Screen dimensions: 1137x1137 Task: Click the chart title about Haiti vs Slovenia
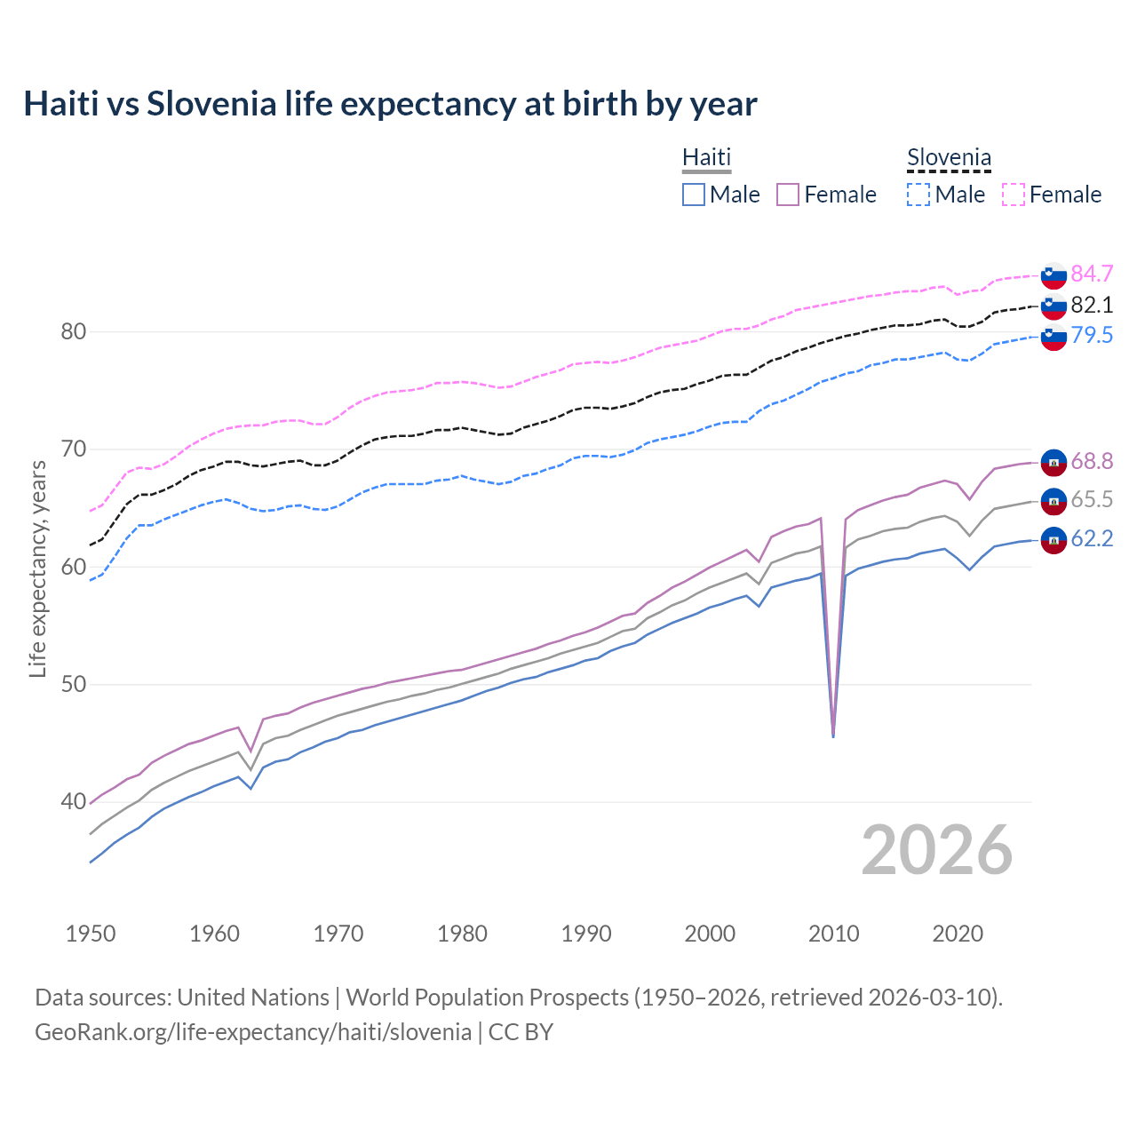390,104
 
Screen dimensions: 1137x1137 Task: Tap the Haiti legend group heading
706,157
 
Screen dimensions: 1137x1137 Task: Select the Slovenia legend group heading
949,158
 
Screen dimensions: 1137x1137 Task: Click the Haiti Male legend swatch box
694,195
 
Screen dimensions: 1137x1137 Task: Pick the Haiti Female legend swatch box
788,195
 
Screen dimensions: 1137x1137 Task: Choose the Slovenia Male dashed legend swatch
918,195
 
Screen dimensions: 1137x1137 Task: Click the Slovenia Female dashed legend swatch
1014,195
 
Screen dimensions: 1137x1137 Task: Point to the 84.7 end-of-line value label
1092,274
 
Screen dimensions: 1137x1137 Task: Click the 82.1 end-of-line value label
1092,306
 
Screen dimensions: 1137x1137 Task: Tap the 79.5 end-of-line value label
1092,336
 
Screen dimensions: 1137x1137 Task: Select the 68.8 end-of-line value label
1092,462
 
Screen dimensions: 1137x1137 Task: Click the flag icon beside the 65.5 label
1054,501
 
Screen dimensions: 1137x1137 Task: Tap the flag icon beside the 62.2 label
1054,539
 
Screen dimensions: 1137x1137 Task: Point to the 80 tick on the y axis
73,332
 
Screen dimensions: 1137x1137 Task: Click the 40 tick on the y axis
73,802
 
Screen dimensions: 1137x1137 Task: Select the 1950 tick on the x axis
91,934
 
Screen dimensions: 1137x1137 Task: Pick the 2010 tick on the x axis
833,934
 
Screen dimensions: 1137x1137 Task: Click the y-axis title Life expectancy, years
38,568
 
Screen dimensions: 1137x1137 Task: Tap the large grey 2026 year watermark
937,850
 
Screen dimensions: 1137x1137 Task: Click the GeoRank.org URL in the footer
253,1032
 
